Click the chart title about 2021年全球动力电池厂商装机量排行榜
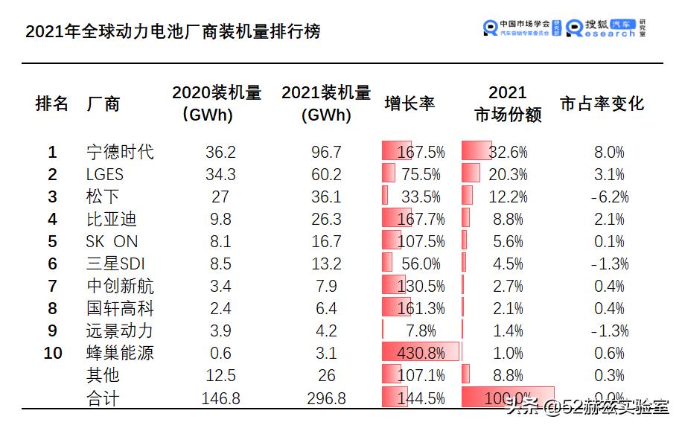click(173, 32)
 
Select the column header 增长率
click(409, 103)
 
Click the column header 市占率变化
click(602, 103)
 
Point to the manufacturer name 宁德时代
click(120, 152)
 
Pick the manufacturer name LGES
click(105, 174)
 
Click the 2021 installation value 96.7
click(326, 152)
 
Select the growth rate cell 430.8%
click(421, 353)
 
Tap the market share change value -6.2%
click(608, 197)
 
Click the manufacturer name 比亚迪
click(112, 219)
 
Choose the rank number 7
click(52, 286)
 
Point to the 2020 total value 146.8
click(220, 398)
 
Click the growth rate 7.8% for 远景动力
click(424, 330)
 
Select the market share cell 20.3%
click(508, 174)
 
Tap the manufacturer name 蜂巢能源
click(120, 353)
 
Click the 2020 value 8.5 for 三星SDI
click(220, 263)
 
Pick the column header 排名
click(52, 103)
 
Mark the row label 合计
click(103, 398)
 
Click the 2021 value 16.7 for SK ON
click(326, 241)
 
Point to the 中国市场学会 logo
click(522, 28)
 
